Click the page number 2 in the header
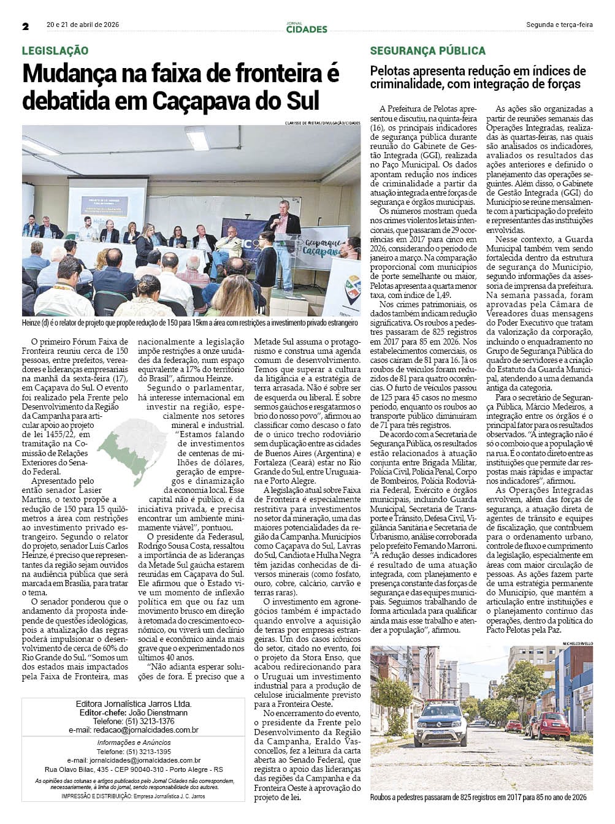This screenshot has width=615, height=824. click(26, 26)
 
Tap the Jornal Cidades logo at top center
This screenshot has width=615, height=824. click(307, 28)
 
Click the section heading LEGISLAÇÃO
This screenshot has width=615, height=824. click(55, 51)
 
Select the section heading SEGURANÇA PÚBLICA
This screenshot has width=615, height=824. click(427, 51)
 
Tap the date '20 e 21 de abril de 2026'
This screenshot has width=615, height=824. click(83, 25)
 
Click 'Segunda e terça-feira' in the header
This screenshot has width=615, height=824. click(559, 25)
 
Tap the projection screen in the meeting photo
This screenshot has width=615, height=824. click(107, 202)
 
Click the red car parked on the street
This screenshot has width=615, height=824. click(549, 726)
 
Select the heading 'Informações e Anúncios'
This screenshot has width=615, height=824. click(134, 742)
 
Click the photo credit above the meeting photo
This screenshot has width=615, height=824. click(323, 123)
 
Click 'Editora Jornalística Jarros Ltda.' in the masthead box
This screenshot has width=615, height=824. click(134, 704)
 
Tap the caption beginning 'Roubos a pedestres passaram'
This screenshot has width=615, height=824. click(478, 797)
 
